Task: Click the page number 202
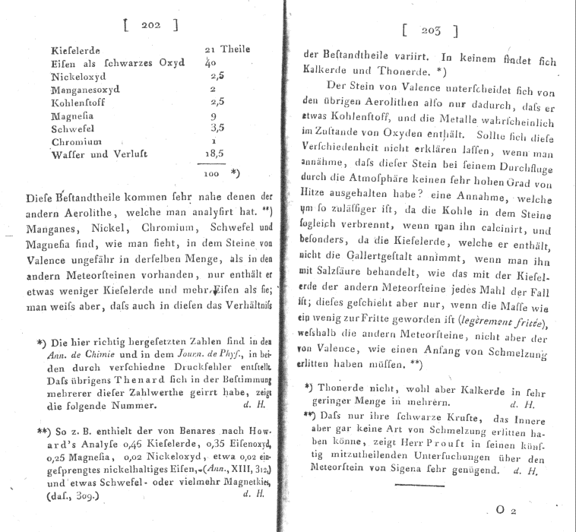coord(150,25)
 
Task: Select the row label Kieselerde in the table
coord(75,50)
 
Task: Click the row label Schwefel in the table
coord(74,129)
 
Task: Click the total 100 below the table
coord(213,174)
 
